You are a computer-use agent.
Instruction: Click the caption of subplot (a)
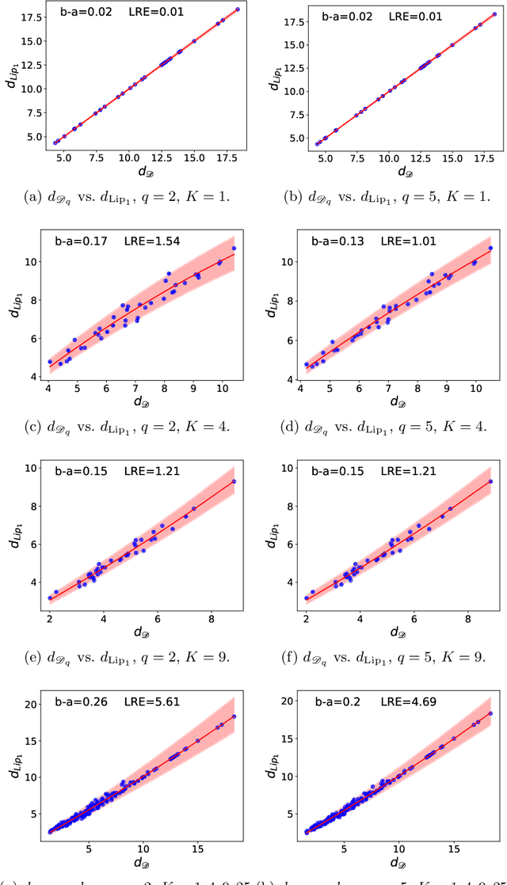coord(131,196)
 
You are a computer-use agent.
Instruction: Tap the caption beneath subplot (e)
coord(131,656)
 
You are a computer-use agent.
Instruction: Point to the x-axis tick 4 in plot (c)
coord(48,389)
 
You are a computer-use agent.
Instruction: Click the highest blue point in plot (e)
coord(234,481)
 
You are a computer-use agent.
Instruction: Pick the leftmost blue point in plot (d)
coord(307,365)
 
